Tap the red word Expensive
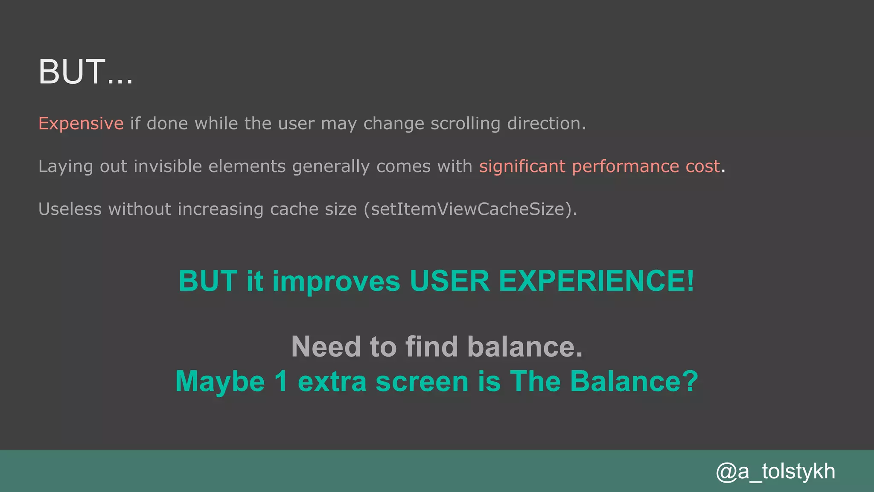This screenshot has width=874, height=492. click(81, 123)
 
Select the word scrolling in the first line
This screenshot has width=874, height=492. click(465, 123)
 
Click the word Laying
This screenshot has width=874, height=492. click(65, 167)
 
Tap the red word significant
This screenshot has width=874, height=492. click(522, 166)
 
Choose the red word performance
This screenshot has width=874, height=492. click(625, 167)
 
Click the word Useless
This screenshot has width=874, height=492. click(70, 209)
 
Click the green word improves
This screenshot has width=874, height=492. click(336, 281)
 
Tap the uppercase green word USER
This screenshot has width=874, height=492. click(449, 281)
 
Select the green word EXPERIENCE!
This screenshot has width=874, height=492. click(596, 281)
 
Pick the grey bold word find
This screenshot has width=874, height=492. click(431, 346)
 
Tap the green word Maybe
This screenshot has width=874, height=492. click(220, 381)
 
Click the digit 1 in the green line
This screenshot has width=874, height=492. click(281, 381)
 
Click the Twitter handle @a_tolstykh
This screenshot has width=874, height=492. click(775, 471)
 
